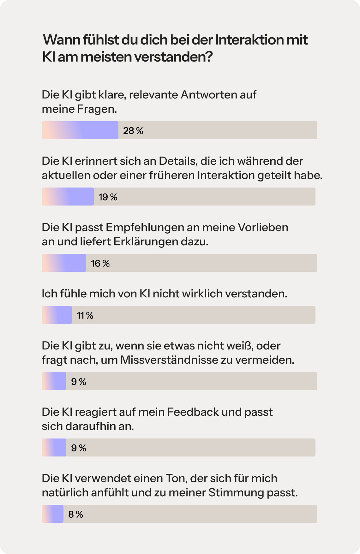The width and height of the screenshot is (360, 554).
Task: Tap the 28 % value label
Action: coord(133,131)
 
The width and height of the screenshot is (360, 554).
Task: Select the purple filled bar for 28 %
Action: coord(80,130)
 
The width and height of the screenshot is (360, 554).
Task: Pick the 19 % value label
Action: coord(108,197)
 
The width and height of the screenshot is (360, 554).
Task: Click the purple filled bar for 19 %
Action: coord(68,197)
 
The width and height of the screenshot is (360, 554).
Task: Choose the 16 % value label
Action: coord(100,263)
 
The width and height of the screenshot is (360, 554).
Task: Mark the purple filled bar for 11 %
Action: coord(57,315)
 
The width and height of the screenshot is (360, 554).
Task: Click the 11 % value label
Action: coord(85,315)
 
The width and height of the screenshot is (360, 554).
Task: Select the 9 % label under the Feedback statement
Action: coord(79,448)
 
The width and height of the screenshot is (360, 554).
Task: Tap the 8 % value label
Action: coord(76,514)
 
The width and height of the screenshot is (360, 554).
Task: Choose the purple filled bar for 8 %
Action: coord(53,514)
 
